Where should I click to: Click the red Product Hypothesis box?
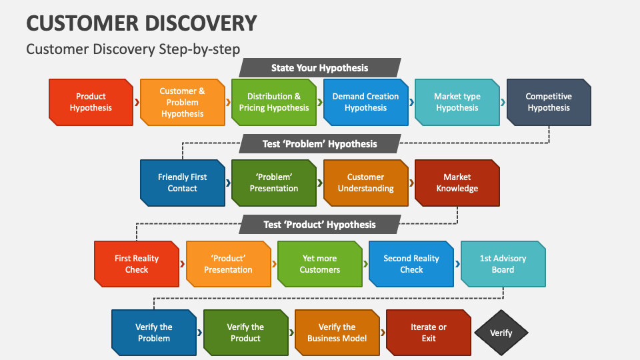coord(91,102)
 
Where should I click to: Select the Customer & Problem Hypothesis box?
coord(182,102)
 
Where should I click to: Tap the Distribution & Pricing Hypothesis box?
coord(273,102)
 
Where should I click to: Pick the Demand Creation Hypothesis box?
coord(365,102)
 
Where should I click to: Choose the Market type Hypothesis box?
coord(457,102)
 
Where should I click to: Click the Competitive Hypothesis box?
coord(548,102)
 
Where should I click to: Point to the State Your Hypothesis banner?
coord(319,68)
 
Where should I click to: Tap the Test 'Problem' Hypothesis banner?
coord(319,144)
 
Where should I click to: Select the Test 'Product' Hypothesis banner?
coord(319,225)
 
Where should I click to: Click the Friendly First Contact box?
coord(182,183)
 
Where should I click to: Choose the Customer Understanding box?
coord(365,183)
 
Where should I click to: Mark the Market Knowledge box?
coord(457,183)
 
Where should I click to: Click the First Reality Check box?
coord(137,264)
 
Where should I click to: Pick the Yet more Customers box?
coord(319,264)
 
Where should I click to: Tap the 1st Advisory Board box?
coord(503,264)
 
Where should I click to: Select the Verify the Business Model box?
coord(337,333)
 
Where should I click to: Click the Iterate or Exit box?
coord(429,333)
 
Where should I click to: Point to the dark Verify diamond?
coord(501,333)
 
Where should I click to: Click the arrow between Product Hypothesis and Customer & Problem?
coord(137,103)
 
